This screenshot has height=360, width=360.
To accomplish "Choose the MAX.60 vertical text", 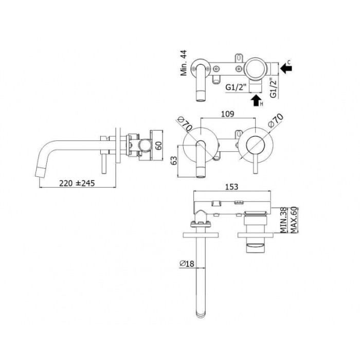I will pos(294,220).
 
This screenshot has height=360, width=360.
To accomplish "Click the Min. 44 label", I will pos(183,63).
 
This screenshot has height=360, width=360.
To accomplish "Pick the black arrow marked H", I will pos(256,100).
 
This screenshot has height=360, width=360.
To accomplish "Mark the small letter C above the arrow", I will pos(289,62).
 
